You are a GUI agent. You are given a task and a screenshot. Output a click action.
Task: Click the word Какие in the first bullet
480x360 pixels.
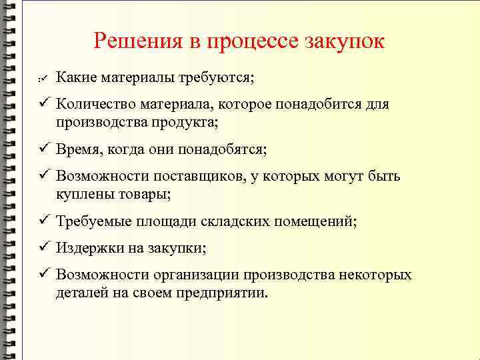75,78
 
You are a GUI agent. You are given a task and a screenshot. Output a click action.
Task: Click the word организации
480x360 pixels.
195,275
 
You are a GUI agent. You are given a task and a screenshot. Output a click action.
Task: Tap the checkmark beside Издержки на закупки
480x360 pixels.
43,248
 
